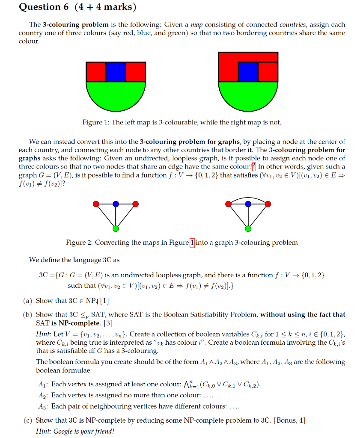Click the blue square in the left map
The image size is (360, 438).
116,72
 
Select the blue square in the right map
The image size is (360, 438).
248,72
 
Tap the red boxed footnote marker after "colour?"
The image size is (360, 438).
254,167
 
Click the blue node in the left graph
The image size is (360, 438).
116,204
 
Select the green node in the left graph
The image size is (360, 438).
116,229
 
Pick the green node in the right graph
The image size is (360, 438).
248,229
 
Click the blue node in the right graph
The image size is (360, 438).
248,204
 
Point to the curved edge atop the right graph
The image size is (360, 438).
248,198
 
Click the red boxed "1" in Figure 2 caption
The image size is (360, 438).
192,243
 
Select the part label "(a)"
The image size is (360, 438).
28,301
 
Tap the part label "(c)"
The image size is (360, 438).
28,420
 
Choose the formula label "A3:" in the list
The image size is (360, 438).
43,406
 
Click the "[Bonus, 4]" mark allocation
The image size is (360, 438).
290,420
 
